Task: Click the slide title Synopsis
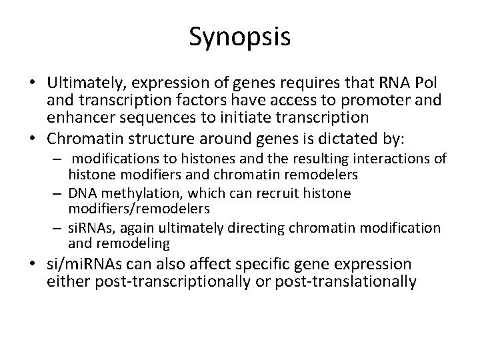pos(240,37)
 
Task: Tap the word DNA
pos(83,193)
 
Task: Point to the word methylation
pos(142,194)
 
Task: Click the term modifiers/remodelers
pos(139,209)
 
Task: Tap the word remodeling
pos(133,244)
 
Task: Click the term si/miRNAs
pos(84,264)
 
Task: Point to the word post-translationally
pos(346,281)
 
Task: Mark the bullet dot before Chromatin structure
pos(33,139)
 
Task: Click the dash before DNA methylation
pos(57,194)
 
